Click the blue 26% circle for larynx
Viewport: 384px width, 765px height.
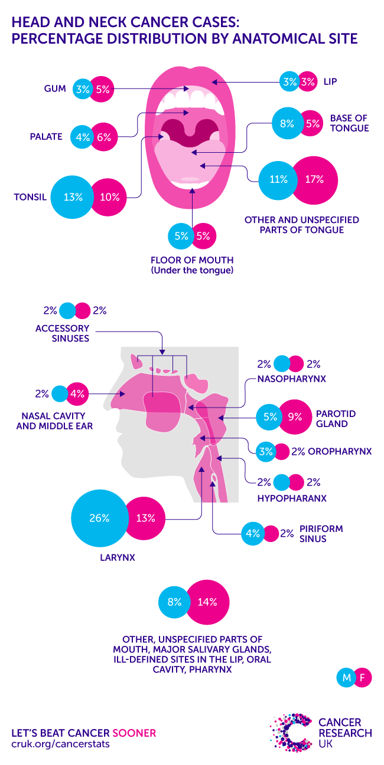click(x=99, y=518)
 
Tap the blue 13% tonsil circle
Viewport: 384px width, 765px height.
click(x=72, y=197)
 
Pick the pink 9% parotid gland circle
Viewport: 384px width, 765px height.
click(x=295, y=417)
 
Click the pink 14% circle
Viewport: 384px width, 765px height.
click(x=207, y=602)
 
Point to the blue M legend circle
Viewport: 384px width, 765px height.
click(x=346, y=678)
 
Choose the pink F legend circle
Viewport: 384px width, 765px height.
click(x=363, y=678)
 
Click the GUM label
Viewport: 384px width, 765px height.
click(x=55, y=88)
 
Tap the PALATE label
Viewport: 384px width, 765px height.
click(x=46, y=137)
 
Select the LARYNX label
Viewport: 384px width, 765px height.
click(x=118, y=558)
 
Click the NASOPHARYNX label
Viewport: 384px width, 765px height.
click(x=292, y=379)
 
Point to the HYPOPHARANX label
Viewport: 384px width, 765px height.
click(x=292, y=498)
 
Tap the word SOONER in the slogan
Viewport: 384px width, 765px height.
click(x=134, y=733)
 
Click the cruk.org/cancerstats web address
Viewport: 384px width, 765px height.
click(x=60, y=744)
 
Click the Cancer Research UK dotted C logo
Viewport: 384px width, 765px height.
click(x=291, y=733)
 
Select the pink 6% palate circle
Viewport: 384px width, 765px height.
click(x=103, y=137)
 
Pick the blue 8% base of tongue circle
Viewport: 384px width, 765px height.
click(x=288, y=123)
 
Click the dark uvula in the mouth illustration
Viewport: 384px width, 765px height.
click(x=190, y=133)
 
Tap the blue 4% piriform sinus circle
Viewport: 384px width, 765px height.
click(x=253, y=534)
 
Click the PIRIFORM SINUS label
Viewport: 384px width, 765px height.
click(x=321, y=534)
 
